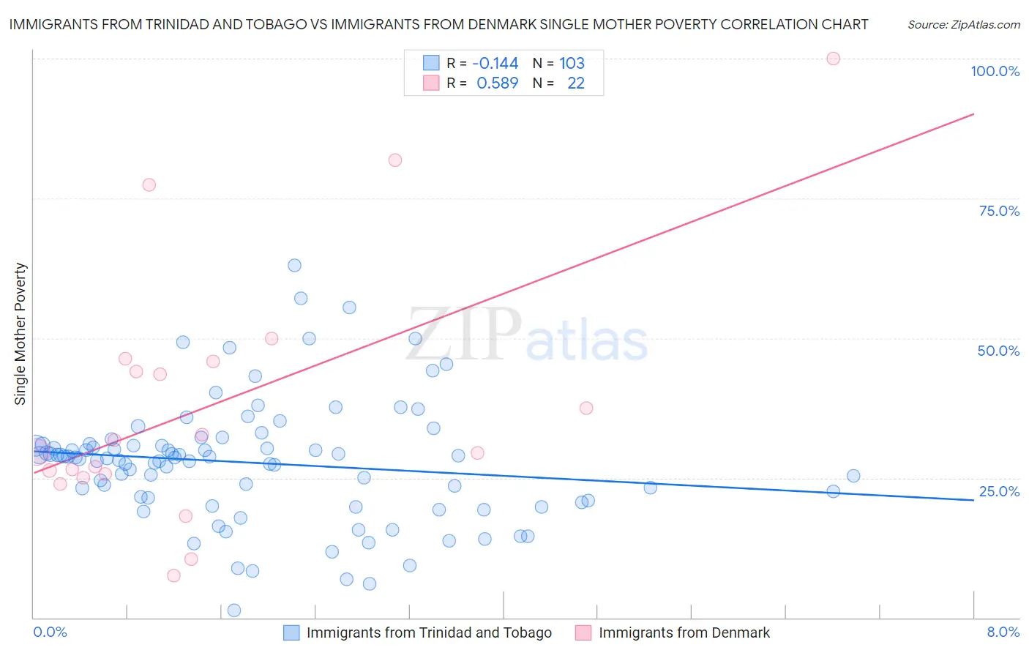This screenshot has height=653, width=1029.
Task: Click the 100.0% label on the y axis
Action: point(995,71)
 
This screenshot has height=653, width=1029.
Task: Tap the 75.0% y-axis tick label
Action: point(999,211)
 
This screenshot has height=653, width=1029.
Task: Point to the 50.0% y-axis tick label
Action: point(998,351)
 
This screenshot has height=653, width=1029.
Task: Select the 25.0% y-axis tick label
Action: point(999,490)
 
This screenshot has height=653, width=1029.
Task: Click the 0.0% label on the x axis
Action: point(50,632)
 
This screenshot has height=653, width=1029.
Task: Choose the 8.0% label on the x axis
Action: point(1003,632)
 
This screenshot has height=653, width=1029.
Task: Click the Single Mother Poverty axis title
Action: point(20,334)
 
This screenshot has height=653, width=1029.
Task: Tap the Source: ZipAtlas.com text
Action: point(963,25)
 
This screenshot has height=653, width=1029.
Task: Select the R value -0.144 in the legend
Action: point(495,64)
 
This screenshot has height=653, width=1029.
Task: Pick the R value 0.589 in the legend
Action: point(497,83)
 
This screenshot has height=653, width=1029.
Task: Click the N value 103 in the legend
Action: point(572,64)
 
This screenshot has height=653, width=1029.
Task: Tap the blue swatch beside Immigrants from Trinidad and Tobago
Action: point(291,633)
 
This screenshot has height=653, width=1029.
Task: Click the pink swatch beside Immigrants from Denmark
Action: point(583,633)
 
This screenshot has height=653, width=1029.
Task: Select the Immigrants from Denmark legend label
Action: point(684,633)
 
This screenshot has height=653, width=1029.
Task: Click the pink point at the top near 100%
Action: point(833,59)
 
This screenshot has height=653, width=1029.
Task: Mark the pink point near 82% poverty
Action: point(395,160)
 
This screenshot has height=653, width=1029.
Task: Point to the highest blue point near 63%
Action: point(294,265)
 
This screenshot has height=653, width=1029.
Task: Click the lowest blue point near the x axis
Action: point(234,611)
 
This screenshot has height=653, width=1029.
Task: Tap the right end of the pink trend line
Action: point(973,113)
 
